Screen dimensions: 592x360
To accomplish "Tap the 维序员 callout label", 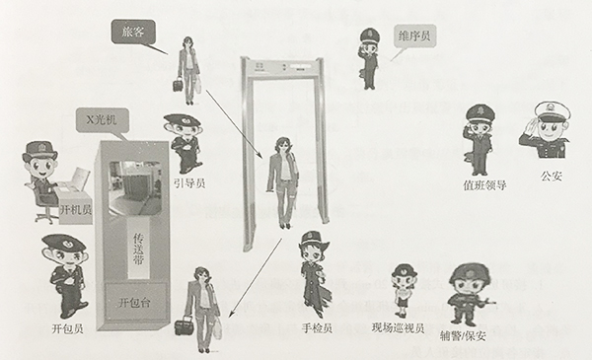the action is coord(414,35).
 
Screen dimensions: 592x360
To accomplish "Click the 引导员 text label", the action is coord(188,180).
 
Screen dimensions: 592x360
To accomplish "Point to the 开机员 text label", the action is coord(75,209).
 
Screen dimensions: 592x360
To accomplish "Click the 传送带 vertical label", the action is coord(139,246).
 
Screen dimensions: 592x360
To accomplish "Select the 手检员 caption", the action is coord(316,326).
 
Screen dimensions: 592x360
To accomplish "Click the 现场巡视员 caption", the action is coord(398,327).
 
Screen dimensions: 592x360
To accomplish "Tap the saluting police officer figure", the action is coord(546,133).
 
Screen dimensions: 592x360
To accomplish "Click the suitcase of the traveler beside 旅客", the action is coord(178,84).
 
